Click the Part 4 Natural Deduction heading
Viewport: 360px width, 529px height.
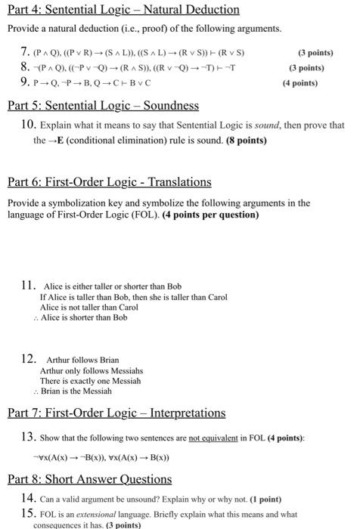point(123,10)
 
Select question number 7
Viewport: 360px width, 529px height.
point(25,53)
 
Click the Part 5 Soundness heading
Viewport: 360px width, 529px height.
point(103,105)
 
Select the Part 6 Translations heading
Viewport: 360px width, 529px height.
point(110,182)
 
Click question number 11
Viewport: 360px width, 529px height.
point(29,286)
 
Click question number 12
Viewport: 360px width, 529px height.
point(29,360)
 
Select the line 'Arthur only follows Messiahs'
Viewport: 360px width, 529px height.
point(91,370)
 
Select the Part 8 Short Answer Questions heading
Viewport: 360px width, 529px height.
point(89,479)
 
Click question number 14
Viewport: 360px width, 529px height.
point(29,499)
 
